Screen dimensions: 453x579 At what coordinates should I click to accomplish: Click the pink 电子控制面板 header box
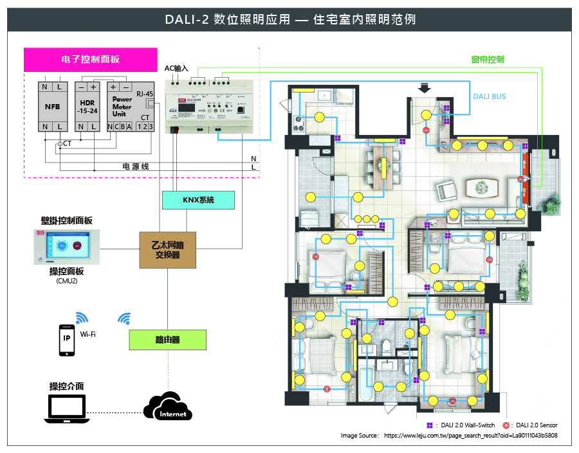click(90, 59)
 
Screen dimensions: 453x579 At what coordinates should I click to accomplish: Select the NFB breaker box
click(52, 107)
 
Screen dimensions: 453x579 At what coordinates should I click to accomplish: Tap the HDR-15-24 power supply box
click(87, 107)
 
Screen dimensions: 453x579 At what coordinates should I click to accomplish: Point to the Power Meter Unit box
click(122, 107)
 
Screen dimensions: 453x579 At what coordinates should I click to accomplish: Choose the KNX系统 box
click(198, 200)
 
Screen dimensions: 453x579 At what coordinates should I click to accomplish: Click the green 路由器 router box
click(167, 339)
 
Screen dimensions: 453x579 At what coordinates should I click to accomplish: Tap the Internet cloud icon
click(169, 407)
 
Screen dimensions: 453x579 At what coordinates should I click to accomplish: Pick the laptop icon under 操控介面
click(66, 409)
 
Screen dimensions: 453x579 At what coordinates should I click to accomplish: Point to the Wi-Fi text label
click(88, 334)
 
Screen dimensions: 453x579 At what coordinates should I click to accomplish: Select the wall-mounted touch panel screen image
click(68, 245)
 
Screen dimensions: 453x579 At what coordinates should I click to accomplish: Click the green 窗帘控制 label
click(487, 59)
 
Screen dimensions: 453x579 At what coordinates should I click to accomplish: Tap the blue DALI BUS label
click(489, 96)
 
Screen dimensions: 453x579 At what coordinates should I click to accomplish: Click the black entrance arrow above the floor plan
click(425, 88)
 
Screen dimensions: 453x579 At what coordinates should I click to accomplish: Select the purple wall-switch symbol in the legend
click(430, 425)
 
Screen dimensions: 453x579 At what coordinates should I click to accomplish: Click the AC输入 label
click(176, 67)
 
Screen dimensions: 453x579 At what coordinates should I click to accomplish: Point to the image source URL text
click(470, 436)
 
